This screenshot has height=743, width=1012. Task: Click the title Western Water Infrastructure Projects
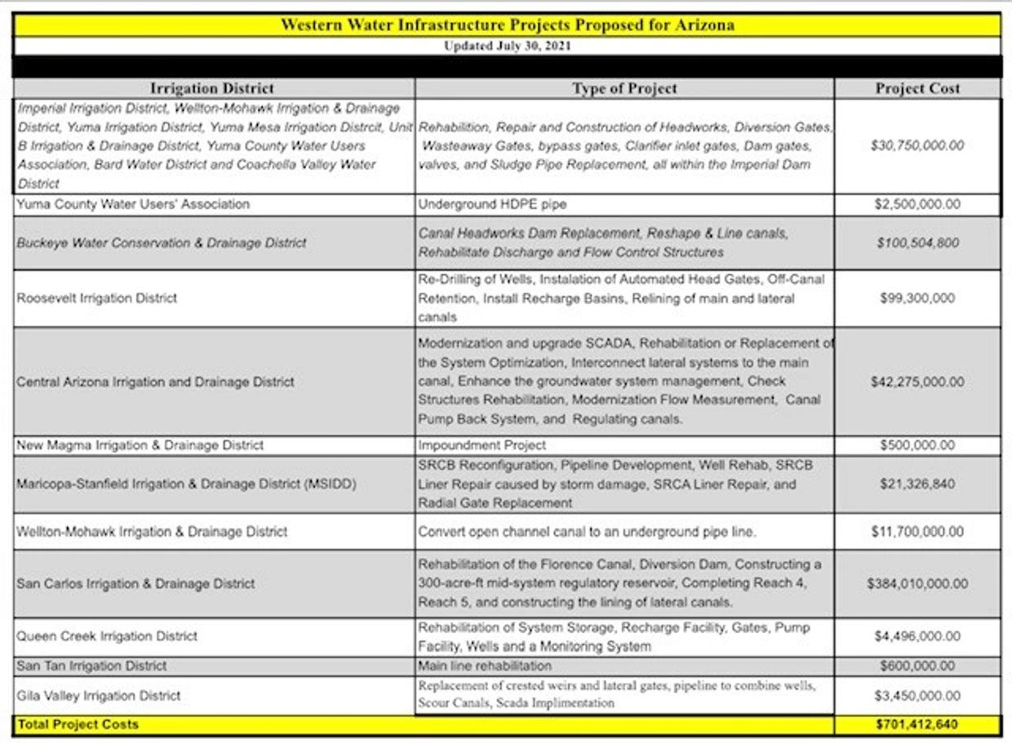[x=507, y=24]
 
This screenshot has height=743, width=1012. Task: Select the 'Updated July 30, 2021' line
[x=507, y=46]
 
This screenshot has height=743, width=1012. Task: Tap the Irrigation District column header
[x=212, y=88]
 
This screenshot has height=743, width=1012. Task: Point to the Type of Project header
[x=624, y=88]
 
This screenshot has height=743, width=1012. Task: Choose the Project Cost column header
[x=917, y=88]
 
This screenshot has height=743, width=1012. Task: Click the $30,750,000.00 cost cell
[x=917, y=146]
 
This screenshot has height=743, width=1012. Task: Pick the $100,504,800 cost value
[x=917, y=242]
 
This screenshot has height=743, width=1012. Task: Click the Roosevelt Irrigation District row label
[x=96, y=298]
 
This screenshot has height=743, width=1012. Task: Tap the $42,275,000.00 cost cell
[x=917, y=382]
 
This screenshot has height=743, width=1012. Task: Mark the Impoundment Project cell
[x=482, y=445]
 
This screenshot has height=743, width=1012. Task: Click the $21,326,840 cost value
[x=917, y=484]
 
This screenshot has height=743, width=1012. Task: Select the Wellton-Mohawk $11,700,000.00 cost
[x=917, y=532]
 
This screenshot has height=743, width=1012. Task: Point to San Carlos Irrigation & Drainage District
[x=135, y=583]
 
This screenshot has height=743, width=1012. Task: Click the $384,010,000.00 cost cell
[x=917, y=583]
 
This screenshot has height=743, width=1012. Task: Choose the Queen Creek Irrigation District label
[x=107, y=636]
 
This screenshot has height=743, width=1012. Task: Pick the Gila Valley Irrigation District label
[x=98, y=696]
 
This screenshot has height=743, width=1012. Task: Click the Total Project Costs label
[x=78, y=724]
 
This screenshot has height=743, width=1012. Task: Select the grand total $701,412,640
[x=917, y=724]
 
